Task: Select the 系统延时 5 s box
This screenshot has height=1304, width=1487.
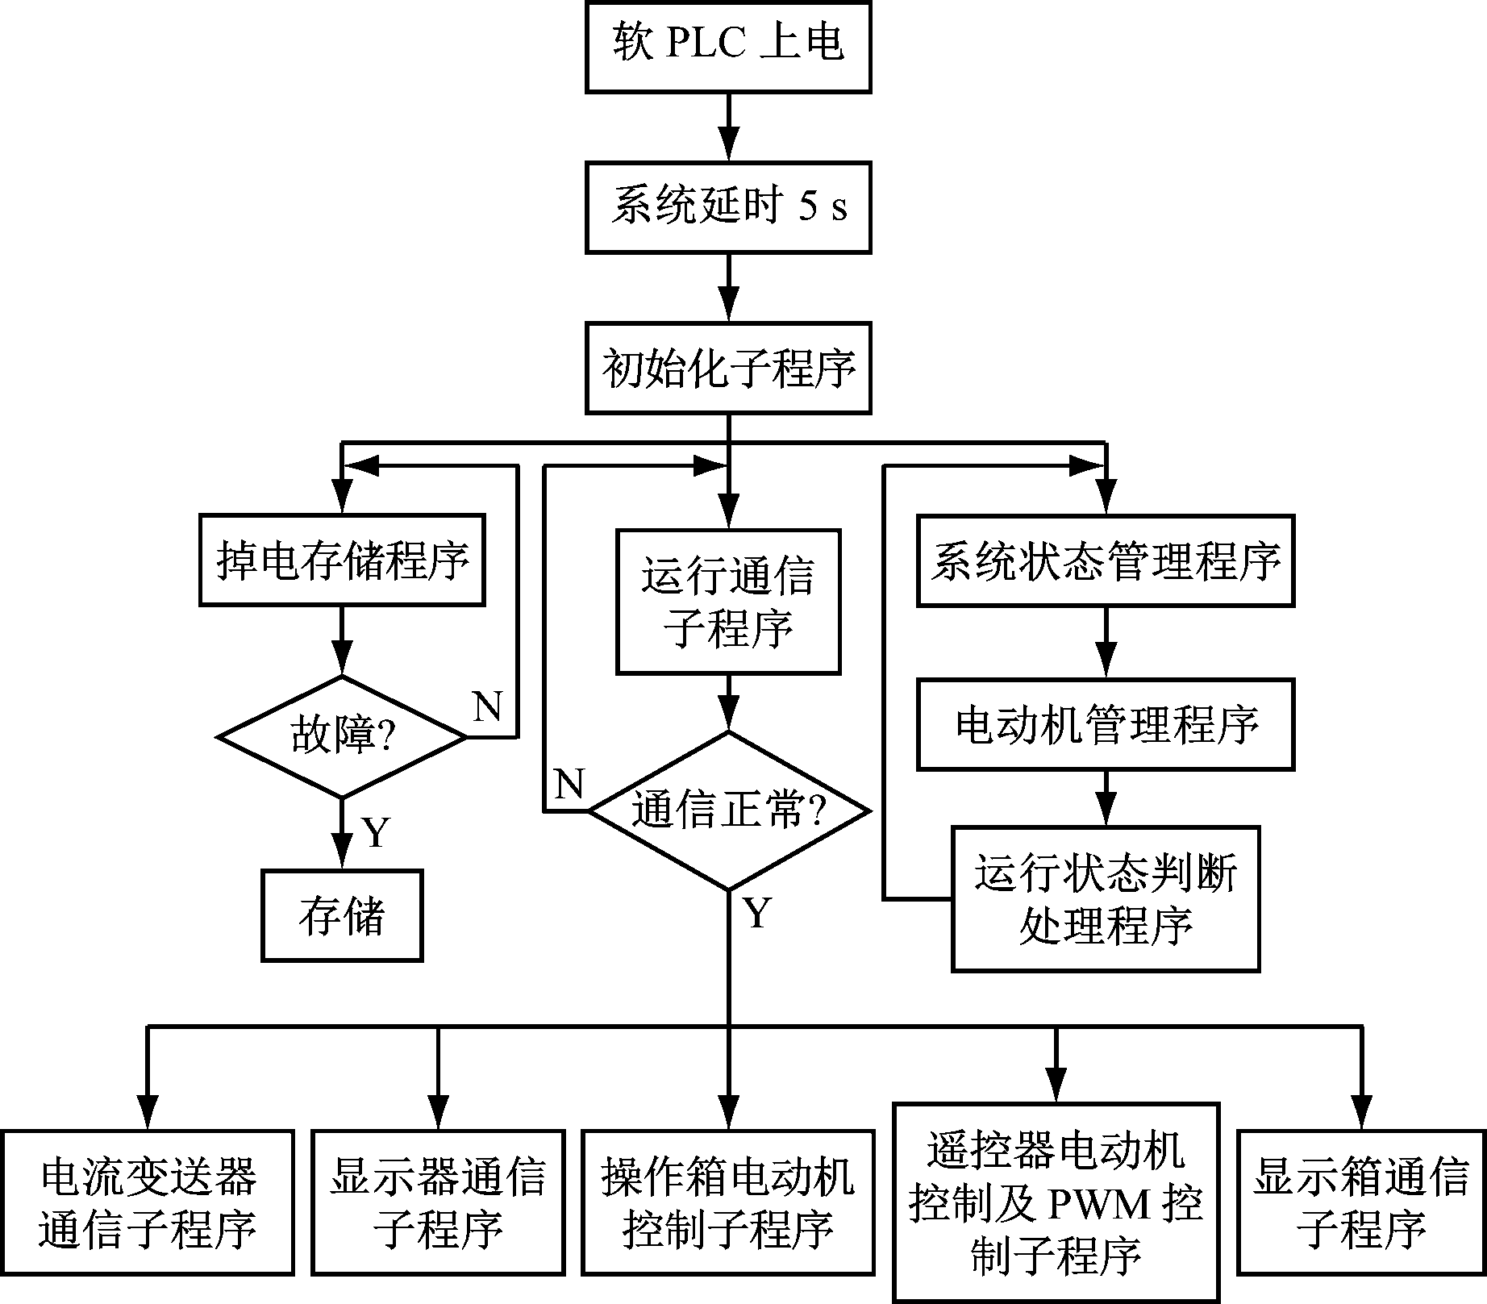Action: pyautogui.click(x=728, y=207)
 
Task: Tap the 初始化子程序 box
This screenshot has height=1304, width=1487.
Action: pyautogui.click(x=728, y=369)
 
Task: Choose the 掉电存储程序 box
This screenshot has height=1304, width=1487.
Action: pyautogui.click(x=342, y=560)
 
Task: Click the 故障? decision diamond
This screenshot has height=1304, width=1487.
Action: pyautogui.click(x=342, y=736)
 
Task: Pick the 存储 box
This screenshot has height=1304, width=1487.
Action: pyautogui.click(x=342, y=915)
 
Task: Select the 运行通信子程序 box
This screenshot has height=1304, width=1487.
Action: pyautogui.click(x=728, y=601)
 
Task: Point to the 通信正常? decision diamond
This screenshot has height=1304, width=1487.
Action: pyautogui.click(x=728, y=810)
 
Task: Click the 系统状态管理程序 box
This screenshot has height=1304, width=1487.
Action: pyautogui.click(x=1105, y=560)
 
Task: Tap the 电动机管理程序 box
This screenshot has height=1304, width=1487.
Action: pyautogui.click(x=1105, y=724)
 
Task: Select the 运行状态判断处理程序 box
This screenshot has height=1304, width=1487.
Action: pyautogui.click(x=1105, y=898)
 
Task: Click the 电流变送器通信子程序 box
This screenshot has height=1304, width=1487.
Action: pyautogui.click(x=148, y=1202)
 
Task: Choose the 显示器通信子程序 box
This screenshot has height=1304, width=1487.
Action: pyautogui.click(x=438, y=1202)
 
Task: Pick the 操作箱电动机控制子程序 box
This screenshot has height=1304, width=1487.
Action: pyautogui.click(x=728, y=1202)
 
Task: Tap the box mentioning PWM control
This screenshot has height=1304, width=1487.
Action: pyautogui.click(x=1056, y=1202)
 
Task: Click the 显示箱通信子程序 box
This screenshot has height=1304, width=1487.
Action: pyautogui.click(x=1361, y=1202)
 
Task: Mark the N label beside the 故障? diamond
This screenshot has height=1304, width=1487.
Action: pyautogui.click(x=487, y=707)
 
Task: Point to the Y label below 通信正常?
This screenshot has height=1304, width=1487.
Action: pyautogui.click(x=757, y=914)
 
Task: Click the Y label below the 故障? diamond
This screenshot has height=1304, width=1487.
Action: pyautogui.click(x=376, y=832)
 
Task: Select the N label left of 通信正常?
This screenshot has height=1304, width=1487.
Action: pyautogui.click(x=569, y=783)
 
